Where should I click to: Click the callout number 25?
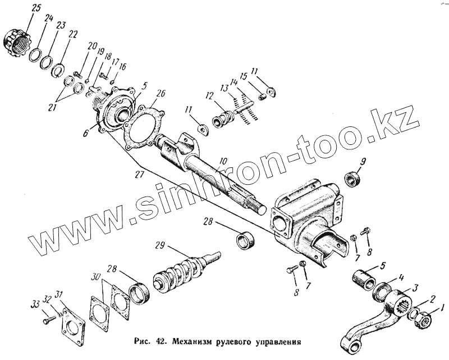21,8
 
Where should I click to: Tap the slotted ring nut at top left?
15,41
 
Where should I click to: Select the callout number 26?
161,94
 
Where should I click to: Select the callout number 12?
210,96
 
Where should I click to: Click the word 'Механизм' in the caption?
198,340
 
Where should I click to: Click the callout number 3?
415,288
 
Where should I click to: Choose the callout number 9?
363,162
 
